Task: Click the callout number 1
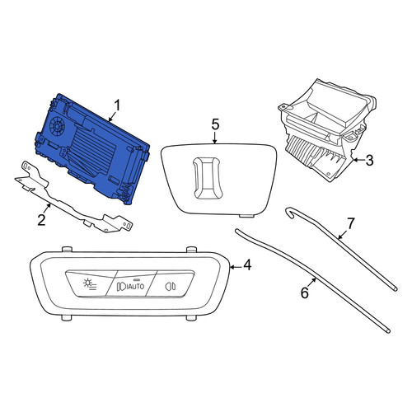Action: (117, 106)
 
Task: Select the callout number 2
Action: (41, 220)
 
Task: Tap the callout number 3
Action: (369, 160)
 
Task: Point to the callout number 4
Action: (247, 265)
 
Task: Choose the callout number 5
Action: (216, 124)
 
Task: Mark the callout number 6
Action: (305, 293)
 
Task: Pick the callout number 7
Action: (351, 223)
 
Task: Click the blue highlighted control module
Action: (93, 150)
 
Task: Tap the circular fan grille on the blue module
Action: (57, 126)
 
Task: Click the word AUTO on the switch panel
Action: (135, 286)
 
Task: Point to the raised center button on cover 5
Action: (208, 178)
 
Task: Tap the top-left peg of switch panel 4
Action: (67, 249)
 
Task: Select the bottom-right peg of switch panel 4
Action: (191, 318)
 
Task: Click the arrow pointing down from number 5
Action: (215, 138)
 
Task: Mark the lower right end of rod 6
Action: (388, 331)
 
